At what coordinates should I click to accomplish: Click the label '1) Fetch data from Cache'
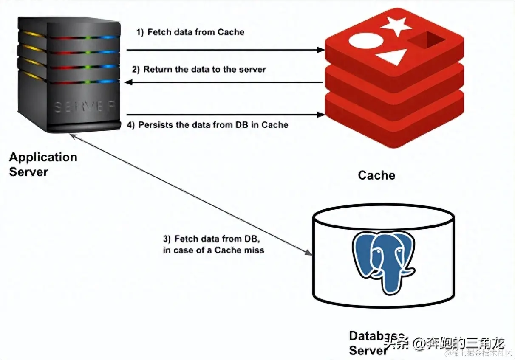pyautogui.click(x=190, y=32)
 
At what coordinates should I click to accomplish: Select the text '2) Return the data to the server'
pyautogui.click(x=198, y=69)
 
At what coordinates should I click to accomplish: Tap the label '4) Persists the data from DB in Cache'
pyautogui.click(x=208, y=125)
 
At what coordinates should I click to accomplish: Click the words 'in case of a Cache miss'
pyautogui.click(x=213, y=250)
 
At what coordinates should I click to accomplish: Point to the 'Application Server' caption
pyautogui.click(x=43, y=164)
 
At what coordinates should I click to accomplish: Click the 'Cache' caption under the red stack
pyautogui.click(x=376, y=175)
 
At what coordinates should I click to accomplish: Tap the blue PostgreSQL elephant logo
pyautogui.click(x=383, y=261)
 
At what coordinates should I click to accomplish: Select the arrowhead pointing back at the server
pyautogui.click(x=127, y=83)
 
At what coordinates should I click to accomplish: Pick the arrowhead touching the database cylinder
pyautogui.click(x=309, y=253)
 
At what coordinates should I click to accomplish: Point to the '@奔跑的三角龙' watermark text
pyautogui.click(x=459, y=342)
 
